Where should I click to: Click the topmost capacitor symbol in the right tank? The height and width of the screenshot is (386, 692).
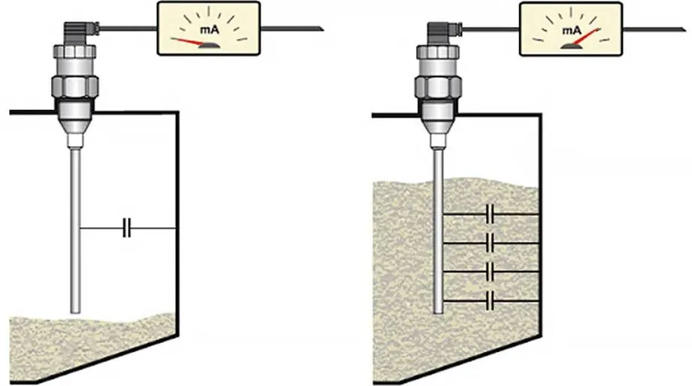point(490,214)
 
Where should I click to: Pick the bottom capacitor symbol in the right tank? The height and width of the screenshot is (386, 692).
point(490,300)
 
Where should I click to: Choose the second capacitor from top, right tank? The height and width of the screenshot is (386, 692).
point(490,243)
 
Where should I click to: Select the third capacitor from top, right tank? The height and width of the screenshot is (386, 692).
point(490,272)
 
